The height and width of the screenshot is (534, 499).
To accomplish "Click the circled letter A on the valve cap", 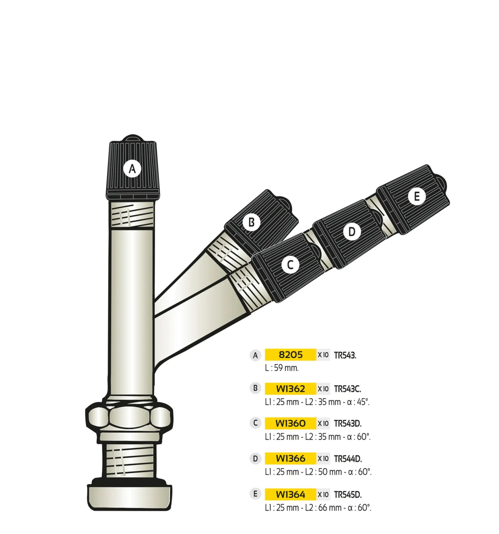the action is (132, 169).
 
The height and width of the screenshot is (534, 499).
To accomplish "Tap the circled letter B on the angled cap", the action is (251, 222).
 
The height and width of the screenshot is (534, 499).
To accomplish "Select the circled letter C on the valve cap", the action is (290, 265).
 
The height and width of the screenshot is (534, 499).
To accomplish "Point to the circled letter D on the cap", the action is (352, 231).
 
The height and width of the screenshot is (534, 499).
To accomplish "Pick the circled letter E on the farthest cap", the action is (416, 196).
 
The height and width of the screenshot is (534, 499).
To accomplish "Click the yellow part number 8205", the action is (290, 355).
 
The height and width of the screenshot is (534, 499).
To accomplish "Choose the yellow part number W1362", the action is (290, 389).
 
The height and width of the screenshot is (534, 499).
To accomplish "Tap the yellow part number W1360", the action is (290, 423).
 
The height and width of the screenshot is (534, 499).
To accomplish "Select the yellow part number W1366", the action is (290, 458).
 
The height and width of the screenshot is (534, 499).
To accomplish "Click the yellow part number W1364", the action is (290, 494).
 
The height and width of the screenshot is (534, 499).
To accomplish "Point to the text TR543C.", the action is (348, 389).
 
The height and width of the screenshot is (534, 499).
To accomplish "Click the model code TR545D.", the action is (348, 494).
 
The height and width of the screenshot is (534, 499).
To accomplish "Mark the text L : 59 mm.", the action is (282, 368).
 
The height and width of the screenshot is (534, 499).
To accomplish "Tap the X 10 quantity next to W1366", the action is (323, 458).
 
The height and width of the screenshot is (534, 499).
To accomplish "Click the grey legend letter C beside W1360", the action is (255, 423).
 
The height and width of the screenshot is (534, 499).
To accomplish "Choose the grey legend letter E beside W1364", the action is (255, 494).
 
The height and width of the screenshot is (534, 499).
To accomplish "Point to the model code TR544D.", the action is (348, 459).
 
